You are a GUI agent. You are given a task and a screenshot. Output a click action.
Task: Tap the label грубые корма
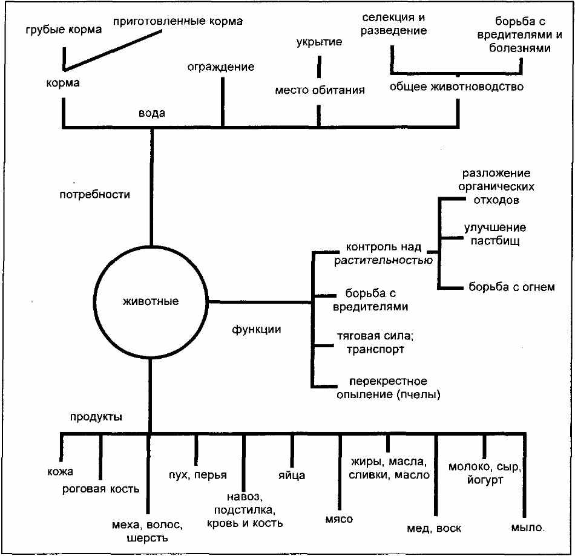click(x=64, y=30)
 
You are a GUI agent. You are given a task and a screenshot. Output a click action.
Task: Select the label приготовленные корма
click(x=178, y=21)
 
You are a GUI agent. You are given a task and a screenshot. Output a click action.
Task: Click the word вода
click(x=152, y=113)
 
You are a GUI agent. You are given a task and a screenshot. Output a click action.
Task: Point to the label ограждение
click(x=221, y=67)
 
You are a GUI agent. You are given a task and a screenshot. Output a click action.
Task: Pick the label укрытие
click(x=320, y=42)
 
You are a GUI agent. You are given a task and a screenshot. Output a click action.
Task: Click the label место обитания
click(x=320, y=90)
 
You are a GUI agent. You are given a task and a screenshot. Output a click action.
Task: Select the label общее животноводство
click(x=456, y=87)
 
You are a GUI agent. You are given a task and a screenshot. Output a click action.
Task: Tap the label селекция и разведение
click(x=393, y=24)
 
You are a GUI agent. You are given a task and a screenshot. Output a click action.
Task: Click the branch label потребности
click(x=94, y=194)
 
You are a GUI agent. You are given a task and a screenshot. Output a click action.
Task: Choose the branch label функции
click(x=257, y=329)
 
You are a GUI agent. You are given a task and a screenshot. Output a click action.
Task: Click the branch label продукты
click(x=96, y=417)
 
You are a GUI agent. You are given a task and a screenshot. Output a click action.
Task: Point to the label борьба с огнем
click(x=511, y=287)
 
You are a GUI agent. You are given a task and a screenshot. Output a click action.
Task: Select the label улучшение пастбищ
click(x=495, y=234)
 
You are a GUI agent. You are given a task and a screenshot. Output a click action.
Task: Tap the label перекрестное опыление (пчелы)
click(x=389, y=388)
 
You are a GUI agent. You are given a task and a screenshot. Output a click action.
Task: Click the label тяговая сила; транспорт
click(x=375, y=342)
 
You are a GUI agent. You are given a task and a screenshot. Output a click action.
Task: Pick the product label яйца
click(x=292, y=476)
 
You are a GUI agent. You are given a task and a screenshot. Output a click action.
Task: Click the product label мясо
click(x=339, y=519)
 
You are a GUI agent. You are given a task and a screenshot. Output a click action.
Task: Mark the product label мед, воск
click(x=434, y=529)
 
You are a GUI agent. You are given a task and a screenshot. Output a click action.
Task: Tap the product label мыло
click(x=528, y=528)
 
